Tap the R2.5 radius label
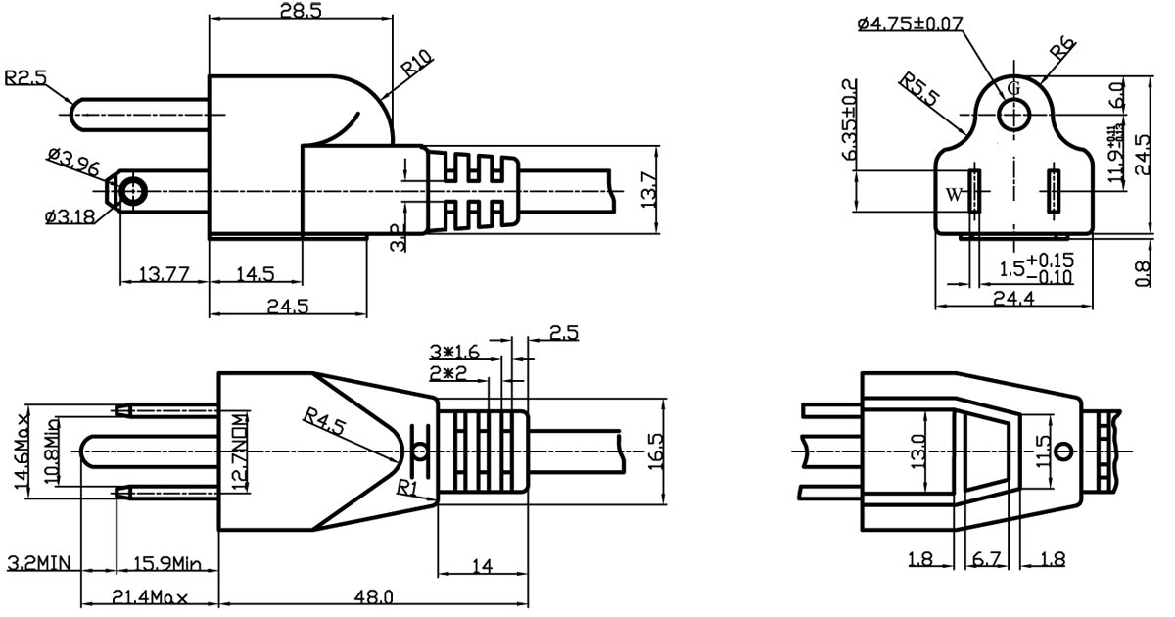point(27,77)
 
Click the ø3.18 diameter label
point(70,216)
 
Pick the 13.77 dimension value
point(164,275)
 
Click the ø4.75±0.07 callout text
point(910,24)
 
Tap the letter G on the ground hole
point(1012,86)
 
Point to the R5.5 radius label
point(920,89)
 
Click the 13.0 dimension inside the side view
point(916,452)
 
